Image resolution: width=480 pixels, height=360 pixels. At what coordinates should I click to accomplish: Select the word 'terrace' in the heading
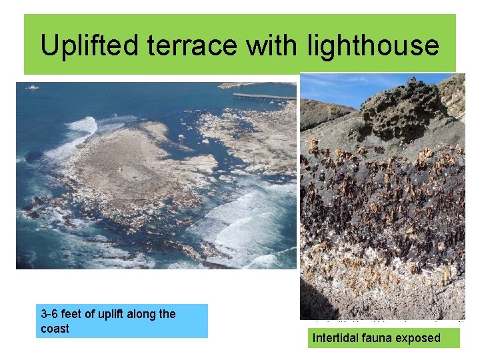(x=188, y=45)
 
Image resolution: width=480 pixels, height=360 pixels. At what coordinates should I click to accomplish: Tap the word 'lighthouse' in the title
(x=373, y=45)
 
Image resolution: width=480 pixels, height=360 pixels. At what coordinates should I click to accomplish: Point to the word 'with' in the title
(x=273, y=45)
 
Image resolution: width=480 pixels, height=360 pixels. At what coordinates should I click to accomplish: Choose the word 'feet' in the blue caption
(x=76, y=314)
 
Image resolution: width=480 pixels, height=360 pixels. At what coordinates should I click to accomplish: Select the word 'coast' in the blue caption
(x=55, y=329)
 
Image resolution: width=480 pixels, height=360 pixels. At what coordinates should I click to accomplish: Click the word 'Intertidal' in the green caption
(x=338, y=338)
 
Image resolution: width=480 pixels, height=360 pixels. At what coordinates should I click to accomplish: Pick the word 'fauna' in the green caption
(x=379, y=338)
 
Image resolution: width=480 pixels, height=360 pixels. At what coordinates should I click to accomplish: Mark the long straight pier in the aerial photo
(x=264, y=97)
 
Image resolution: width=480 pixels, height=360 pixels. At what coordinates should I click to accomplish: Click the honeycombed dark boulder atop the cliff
(x=400, y=107)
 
